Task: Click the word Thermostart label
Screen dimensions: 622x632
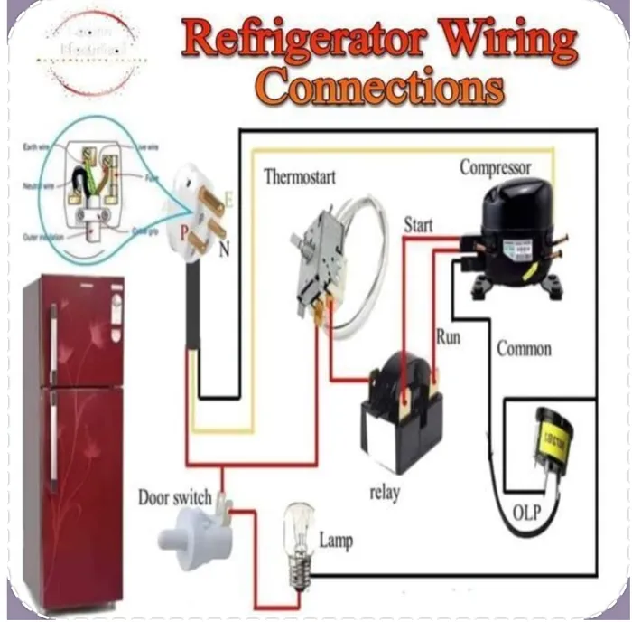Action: coord(299,176)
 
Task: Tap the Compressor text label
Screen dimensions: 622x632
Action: coord(495,167)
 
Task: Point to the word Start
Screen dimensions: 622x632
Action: coord(418,225)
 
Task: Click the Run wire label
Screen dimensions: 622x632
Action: coord(449,337)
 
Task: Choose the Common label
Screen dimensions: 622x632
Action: coord(524,348)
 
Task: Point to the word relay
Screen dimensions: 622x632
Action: coord(385,493)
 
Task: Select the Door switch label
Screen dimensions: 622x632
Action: coord(174,497)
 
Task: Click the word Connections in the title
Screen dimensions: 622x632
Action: coord(379,88)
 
